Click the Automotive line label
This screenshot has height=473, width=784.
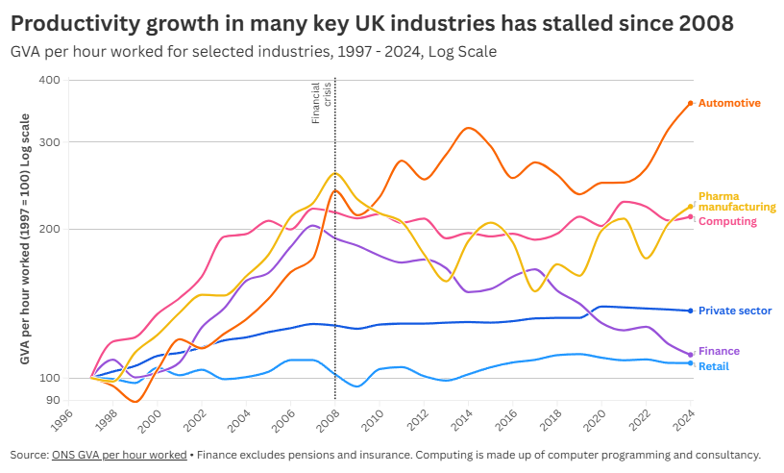tap(729, 103)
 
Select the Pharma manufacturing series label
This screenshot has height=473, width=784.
tap(736, 202)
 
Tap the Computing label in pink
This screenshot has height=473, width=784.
tap(727, 222)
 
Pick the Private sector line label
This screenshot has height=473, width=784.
tap(734, 311)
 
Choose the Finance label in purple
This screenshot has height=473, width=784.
tap(719, 352)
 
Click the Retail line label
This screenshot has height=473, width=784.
tap(714, 367)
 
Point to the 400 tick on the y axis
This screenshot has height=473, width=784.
tap(50, 80)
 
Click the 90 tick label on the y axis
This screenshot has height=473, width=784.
tap(54, 400)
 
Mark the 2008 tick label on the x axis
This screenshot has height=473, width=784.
tap(328, 420)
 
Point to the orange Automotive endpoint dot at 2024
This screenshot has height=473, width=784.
tap(691, 103)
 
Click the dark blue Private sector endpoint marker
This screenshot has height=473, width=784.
tap(691, 311)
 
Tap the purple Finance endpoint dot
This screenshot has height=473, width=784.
tap(691, 355)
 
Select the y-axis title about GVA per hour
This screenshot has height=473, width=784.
tap(25, 238)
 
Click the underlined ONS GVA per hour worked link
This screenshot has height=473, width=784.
tap(118, 455)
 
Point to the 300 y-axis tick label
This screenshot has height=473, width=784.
tap(50, 142)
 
